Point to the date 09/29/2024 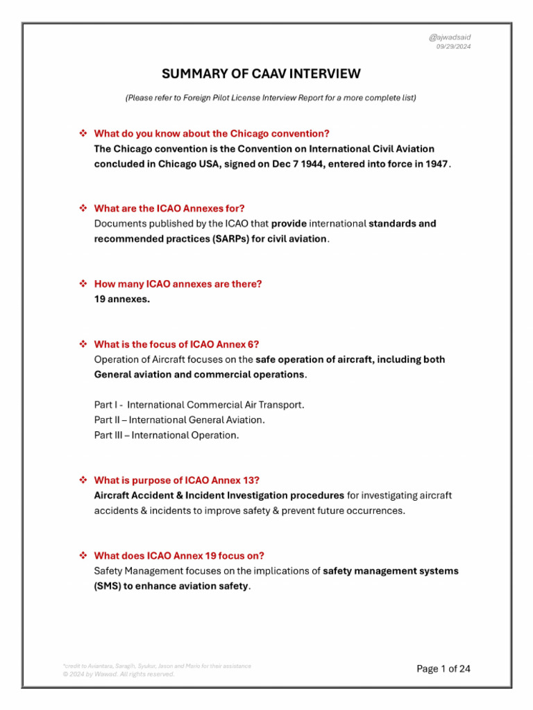pyautogui.click(x=453, y=46)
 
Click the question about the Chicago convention pyautogui.click(x=212, y=133)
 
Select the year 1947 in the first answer pyautogui.click(x=435, y=164)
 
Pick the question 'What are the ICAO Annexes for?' pyautogui.click(x=169, y=208)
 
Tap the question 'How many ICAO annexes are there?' pyautogui.click(x=178, y=284)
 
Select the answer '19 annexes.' pyautogui.click(x=121, y=299)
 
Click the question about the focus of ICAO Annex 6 pyautogui.click(x=176, y=344)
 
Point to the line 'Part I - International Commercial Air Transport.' pyautogui.click(x=199, y=404)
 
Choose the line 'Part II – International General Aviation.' pyautogui.click(x=179, y=419)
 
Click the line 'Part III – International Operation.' pyautogui.click(x=167, y=435)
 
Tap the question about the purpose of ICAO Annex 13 pyautogui.click(x=177, y=480)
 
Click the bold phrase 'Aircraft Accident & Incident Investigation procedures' pyautogui.click(x=219, y=495)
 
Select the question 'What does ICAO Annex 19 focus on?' pyautogui.click(x=179, y=555)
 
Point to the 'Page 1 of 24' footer pyautogui.click(x=443, y=668)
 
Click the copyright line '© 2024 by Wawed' pyautogui.click(x=119, y=674)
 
